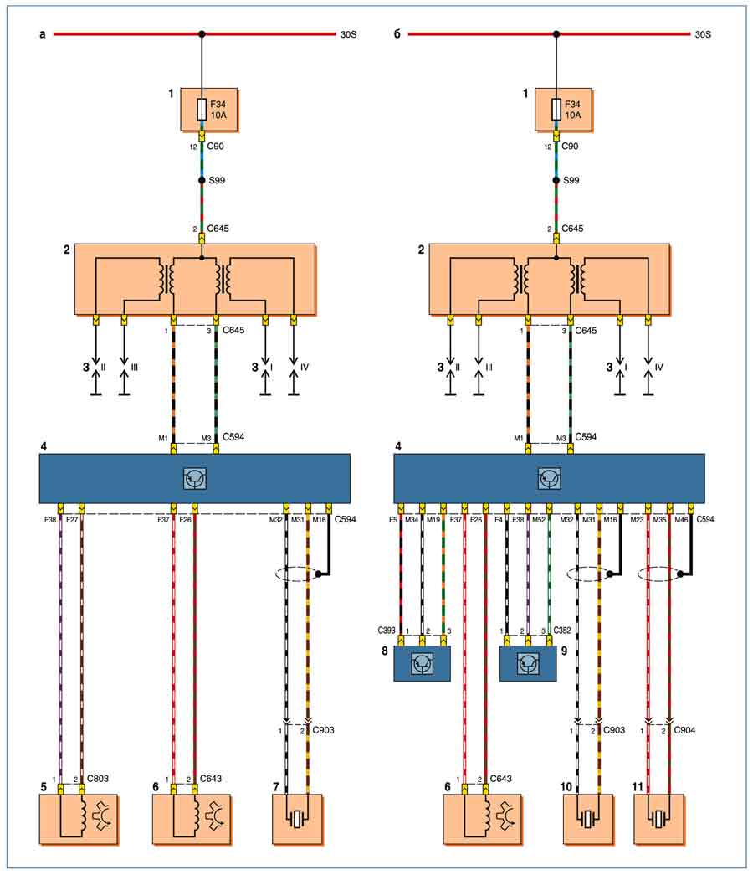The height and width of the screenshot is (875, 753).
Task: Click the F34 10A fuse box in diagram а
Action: pos(209,109)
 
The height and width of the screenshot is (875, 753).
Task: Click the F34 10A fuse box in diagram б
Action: pos(563,109)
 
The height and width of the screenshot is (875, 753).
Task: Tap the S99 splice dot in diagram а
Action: pos(202,181)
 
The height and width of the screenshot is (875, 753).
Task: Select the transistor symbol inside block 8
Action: pos(422,663)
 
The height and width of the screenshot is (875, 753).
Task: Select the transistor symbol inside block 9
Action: pos(528,663)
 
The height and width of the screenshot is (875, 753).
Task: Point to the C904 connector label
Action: pos(685,729)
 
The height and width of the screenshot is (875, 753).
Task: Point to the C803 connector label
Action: pos(98,779)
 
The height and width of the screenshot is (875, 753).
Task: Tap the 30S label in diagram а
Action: pos(348,34)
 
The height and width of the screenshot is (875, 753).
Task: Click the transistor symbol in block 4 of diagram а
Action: pos(195,478)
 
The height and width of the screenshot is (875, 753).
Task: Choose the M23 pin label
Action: pos(638,520)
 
